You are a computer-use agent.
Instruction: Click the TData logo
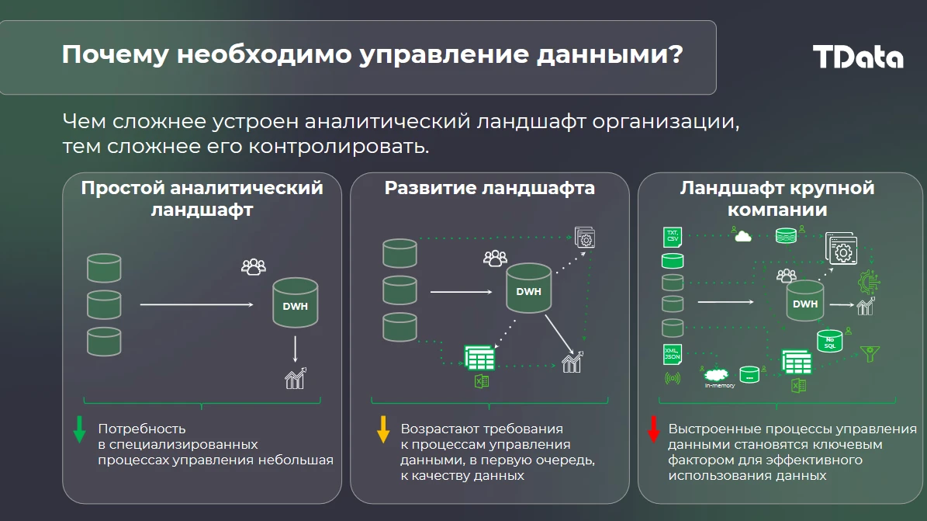point(858,57)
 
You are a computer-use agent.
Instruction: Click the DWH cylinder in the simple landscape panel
point(295,303)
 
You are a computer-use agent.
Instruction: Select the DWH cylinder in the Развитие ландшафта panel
point(528,288)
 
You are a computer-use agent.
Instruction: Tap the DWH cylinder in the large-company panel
point(804,300)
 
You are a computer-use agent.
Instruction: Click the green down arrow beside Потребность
point(79,429)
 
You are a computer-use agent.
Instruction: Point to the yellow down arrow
point(383,429)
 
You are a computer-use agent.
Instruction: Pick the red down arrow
point(653,429)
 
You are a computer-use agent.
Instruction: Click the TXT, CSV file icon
point(673,237)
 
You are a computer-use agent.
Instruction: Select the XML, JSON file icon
point(673,354)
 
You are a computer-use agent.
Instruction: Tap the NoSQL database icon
point(829,342)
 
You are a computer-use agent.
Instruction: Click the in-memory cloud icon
point(716,375)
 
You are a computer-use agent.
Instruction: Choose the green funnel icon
point(870,353)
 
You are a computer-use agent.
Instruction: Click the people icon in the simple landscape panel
point(254,267)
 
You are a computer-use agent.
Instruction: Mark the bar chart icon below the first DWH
point(295,378)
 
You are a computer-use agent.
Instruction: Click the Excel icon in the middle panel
point(482,381)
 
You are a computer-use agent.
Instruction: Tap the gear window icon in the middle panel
point(585,238)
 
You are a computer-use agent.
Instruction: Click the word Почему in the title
point(116,55)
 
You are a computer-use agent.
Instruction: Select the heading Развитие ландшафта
point(489,188)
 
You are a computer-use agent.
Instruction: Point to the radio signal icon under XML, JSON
point(673,377)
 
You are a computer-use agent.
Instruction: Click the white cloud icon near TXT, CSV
point(742,236)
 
